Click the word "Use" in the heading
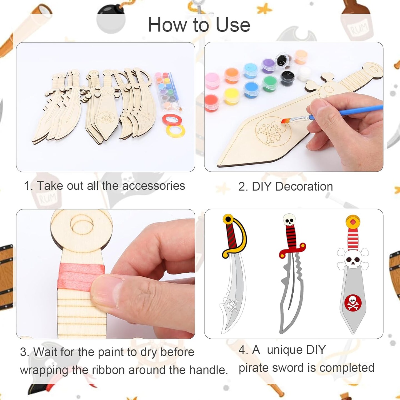click(233, 25)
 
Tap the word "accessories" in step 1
click(153, 186)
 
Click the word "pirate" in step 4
click(253, 368)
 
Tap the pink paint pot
click(212, 80)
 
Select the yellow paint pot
click(231, 96)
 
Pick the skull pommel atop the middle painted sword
click(289, 220)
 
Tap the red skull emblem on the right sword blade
click(353, 302)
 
